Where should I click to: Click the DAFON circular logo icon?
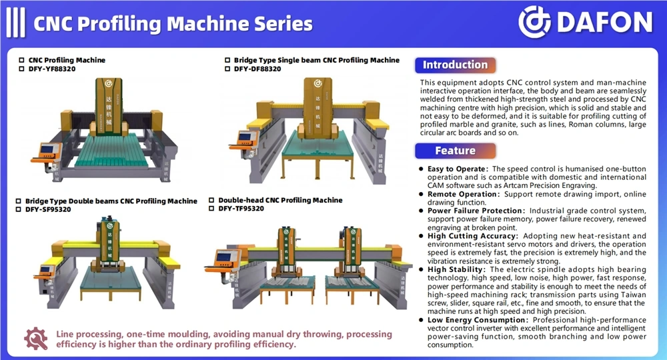[x=534, y=22]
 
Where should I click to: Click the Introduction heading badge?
[x=455, y=65]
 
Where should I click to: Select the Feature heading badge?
[x=455, y=151]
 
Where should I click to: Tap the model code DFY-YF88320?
[x=52, y=69]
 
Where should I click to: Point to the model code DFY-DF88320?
[x=257, y=69]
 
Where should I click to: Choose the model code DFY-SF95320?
[x=48, y=209]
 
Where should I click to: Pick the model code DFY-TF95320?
[x=241, y=209]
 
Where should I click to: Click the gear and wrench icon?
[x=36, y=339]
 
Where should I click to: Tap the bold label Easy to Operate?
[x=456, y=169]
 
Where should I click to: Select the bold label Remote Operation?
[x=462, y=194]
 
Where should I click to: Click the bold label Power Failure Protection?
[x=475, y=211]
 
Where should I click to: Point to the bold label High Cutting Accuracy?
[x=472, y=236]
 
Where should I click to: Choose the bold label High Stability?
[x=455, y=269]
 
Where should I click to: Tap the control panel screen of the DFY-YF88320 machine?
[x=47, y=149]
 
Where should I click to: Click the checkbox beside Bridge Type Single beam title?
[x=227, y=61]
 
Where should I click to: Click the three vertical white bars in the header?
[x=16, y=23]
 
